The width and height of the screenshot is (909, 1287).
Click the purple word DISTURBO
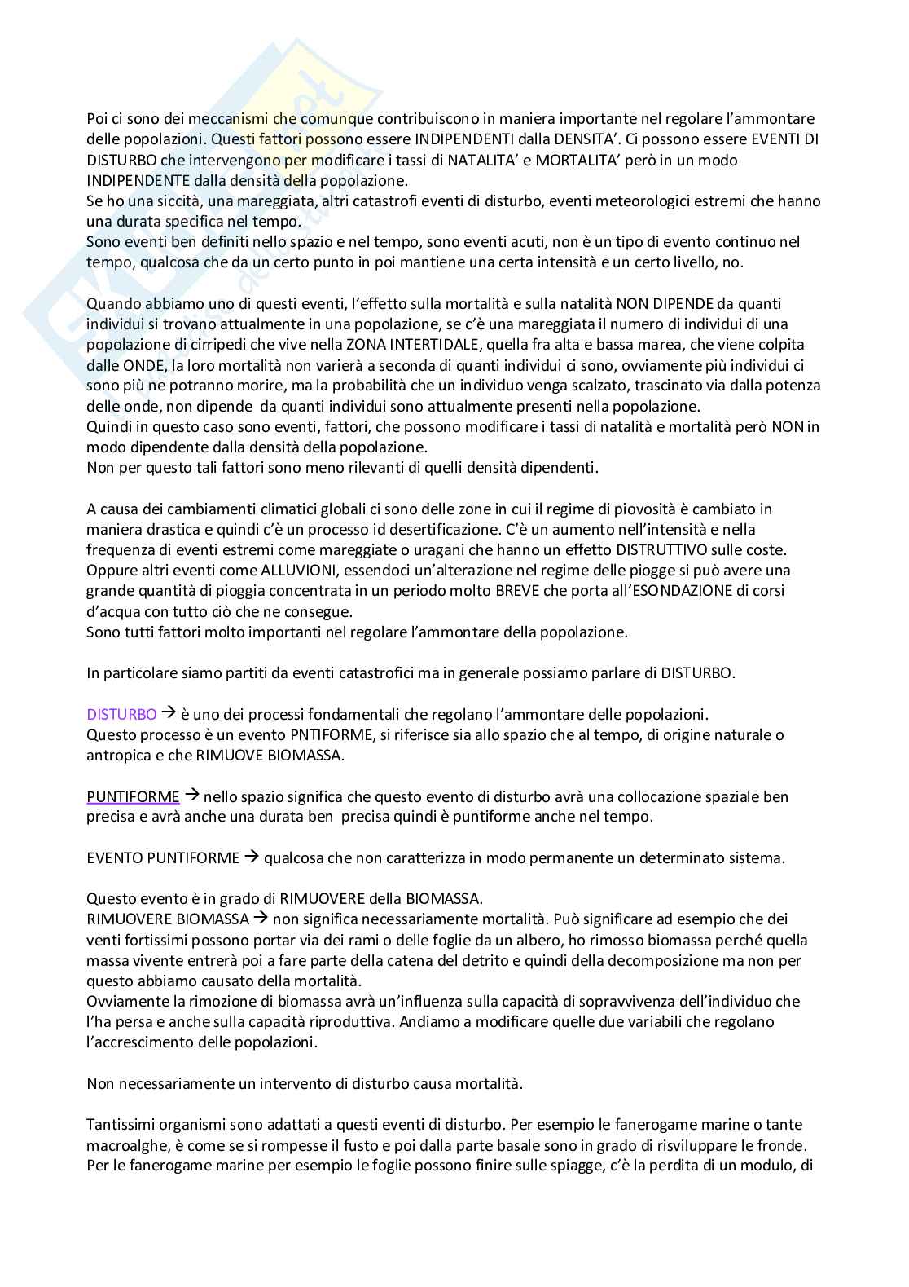click(x=121, y=714)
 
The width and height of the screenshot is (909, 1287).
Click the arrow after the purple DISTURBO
click(x=169, y=713)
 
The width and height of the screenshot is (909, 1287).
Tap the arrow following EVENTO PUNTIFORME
click(x=252, y=857)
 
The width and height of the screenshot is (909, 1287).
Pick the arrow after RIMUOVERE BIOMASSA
click(x=261, y=919)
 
